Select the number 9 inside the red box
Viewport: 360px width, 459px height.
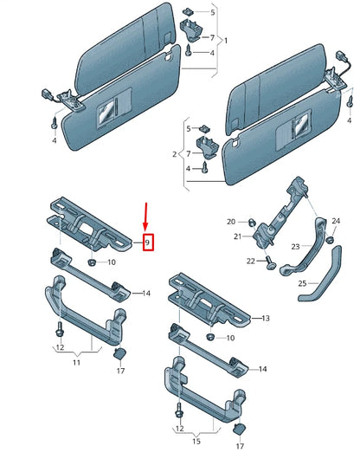[x=148, y=243]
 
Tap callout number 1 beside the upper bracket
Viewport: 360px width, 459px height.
[x=226, y=41]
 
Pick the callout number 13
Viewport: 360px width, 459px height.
[x=267, y=319]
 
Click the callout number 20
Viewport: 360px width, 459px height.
[x=231, y=221]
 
